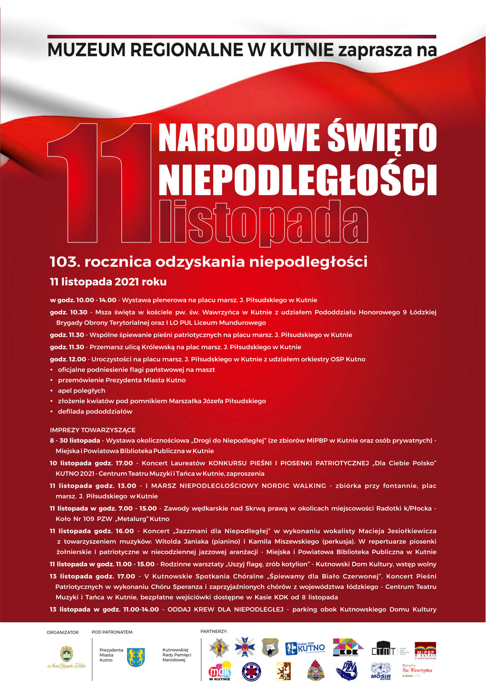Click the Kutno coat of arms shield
pos(136,657)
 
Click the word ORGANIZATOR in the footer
pos(63,632)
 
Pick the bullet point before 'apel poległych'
pos(52,391)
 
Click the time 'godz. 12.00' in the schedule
pos(68,359)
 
